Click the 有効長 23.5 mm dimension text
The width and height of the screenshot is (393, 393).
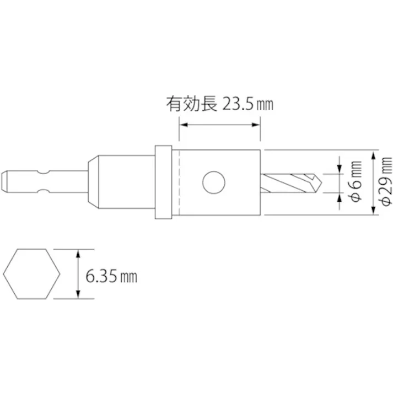pyautogui.click(x=219, y=104)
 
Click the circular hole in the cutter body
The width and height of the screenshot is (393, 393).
pyautogui.click(x=213, y=182)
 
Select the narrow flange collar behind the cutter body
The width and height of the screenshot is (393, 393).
pyautogui.click(x=162, y=182)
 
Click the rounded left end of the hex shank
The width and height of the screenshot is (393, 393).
pyautogui.click(x=4, y=182)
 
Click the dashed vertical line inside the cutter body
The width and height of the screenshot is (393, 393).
pyautogui.click(x=180, y=182)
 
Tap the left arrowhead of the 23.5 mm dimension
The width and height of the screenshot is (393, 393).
pyautogui.click(x=184, y=125)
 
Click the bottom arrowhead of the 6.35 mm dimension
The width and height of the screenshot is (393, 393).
pyautogui.click(x=78, y=295)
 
